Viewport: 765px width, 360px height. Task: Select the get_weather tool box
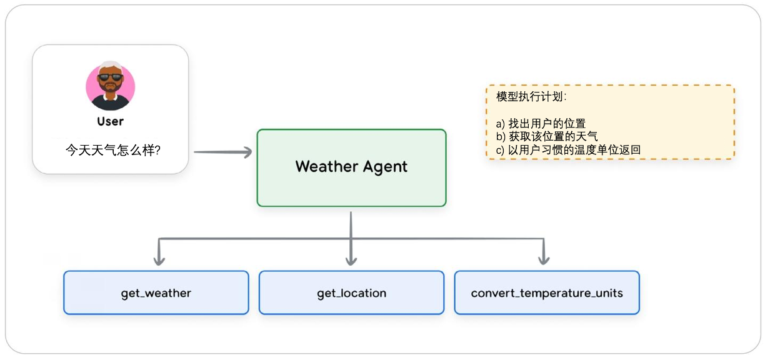[156, 292]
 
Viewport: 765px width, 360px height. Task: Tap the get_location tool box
[351, 292]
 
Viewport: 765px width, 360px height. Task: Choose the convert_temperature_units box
[547, 292]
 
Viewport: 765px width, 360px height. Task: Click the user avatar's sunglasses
[110, 77]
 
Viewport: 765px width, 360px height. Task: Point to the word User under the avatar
[110, 121]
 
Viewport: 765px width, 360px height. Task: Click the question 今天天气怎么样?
[112, 151]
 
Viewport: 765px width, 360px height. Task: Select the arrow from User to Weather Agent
[222, 152]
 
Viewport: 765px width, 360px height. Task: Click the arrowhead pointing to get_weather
[159, 259]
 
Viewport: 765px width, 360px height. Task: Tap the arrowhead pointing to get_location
[351, 259]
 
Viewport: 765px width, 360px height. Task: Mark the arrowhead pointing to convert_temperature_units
[544, 259]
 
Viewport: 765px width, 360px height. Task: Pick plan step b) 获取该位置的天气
[547, 136]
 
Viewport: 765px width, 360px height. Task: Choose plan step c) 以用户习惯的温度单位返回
[568, 149]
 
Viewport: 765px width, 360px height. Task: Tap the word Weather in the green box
[322, 167]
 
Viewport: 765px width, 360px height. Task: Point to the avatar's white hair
[110, 66]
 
